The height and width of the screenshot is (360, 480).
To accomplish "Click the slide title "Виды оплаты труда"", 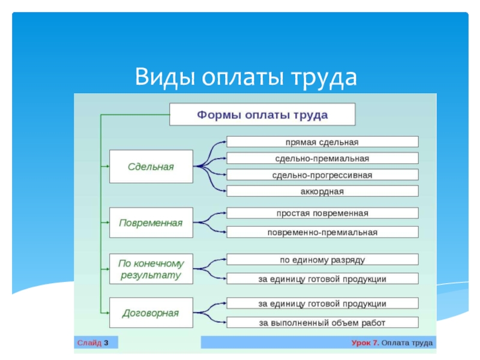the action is pos(246,76).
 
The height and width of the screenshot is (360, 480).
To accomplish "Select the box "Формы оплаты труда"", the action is pos(262,115).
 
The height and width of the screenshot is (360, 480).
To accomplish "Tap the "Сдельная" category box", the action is pos(151,167).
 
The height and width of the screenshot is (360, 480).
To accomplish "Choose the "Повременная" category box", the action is pos(151,223).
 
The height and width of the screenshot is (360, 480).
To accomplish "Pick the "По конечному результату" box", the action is pos(151,269).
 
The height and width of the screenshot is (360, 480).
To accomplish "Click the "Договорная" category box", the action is pos(151,313).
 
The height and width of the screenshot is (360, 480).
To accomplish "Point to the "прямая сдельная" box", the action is pos(322,142).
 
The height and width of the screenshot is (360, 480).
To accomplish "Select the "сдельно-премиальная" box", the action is pos(322,158).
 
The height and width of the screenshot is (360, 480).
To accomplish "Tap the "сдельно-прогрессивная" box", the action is pos(322,175).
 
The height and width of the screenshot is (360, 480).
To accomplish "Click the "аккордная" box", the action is pos(322,191).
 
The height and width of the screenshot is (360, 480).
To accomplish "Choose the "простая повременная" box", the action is pos(322,213).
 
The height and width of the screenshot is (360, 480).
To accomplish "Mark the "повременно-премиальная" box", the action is pos(322,232).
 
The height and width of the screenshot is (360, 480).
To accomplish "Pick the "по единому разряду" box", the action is pos(322,260).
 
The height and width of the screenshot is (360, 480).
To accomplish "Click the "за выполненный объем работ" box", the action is pos(322,322).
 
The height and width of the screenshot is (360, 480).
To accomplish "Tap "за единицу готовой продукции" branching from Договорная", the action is pos(322,304).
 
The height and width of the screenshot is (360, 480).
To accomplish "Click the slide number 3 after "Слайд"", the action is pos(106,343).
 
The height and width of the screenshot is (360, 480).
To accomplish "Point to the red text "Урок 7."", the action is pos(365,343).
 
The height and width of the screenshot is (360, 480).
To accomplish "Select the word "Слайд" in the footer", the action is pos(89,343).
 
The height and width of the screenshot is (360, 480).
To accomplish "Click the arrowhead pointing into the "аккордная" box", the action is pos(224,191).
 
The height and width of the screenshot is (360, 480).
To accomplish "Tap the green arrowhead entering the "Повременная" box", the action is pos(107,223).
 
